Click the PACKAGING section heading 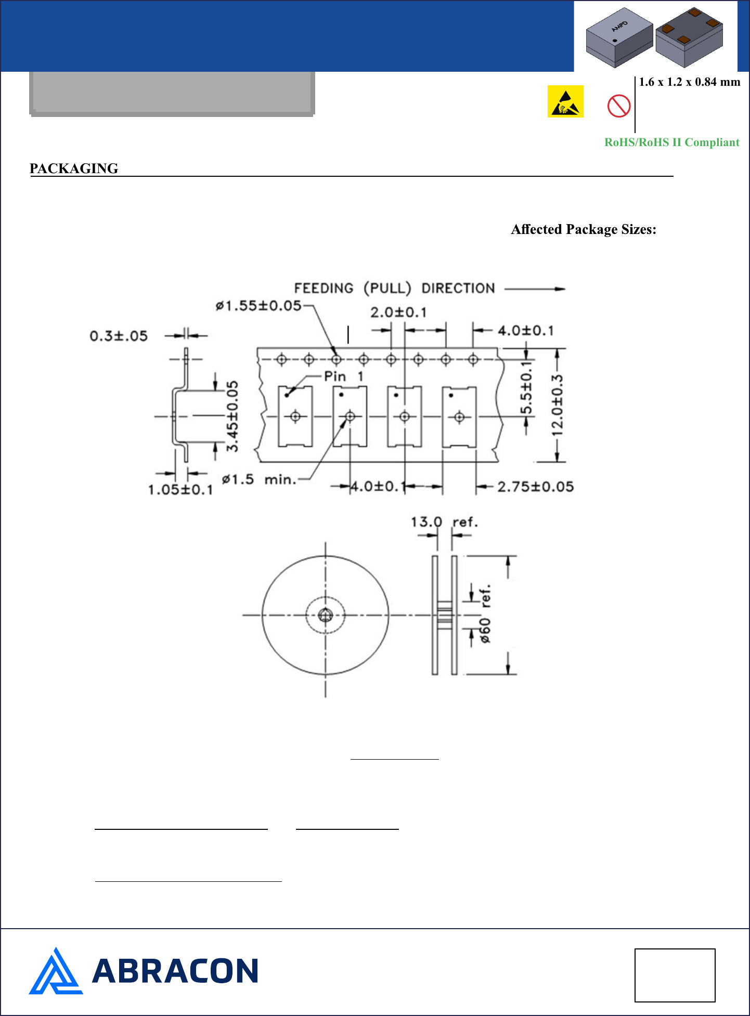[x=74, y=168]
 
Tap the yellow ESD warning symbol [x=565, y=101]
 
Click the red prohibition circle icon [x=619, y=106]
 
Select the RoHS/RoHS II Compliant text [x=671, y=142]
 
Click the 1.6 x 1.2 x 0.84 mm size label [x=689, y=82]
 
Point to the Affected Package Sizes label [x=584, y=229]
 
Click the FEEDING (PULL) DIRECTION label [x=394, y=288]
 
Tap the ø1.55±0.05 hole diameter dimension [x=258, y=306]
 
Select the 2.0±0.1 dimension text [x=398, y=312]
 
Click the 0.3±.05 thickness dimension [x=119, y=336]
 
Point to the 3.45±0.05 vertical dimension [x=232, y=416]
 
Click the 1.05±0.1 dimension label [x=180, y=490]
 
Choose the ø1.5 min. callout [x=259, y=479]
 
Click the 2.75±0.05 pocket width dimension [x=536, y=487]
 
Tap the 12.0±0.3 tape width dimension [x=558, y=406]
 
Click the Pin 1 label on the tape [x=343, y=376]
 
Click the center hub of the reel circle [x=326, y=615]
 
